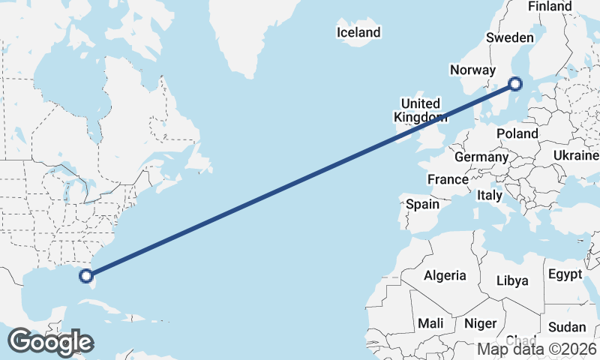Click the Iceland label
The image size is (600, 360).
[358, 32]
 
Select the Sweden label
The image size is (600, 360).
[510, 37]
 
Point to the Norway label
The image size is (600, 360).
[472, 70]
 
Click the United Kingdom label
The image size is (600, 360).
[421, 110]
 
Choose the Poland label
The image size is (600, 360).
[517, 133]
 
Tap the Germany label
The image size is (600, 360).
[481, 157]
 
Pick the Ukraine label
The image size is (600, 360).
[576, 154]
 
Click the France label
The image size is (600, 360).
[448, 179]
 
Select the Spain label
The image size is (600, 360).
[422, 203]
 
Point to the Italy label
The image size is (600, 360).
[490, 195]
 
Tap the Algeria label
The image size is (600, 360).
[445, 275]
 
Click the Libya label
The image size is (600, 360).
[513, 280]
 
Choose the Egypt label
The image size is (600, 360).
[565, 274]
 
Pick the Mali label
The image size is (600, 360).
[430, 323]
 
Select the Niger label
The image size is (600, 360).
[481, 323]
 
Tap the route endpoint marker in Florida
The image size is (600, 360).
[85, 275]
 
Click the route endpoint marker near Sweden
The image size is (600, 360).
[515, 83]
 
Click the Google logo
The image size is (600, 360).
[50, 342]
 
